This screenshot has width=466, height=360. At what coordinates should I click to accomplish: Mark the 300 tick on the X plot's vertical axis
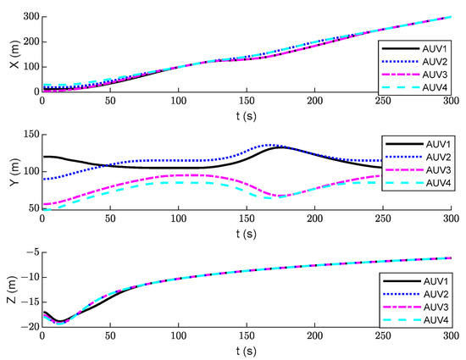tap(27, 17)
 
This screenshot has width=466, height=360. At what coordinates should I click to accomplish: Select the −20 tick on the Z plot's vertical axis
tap(26, 327)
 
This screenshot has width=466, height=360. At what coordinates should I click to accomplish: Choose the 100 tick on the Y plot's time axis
tap(178, 218)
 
